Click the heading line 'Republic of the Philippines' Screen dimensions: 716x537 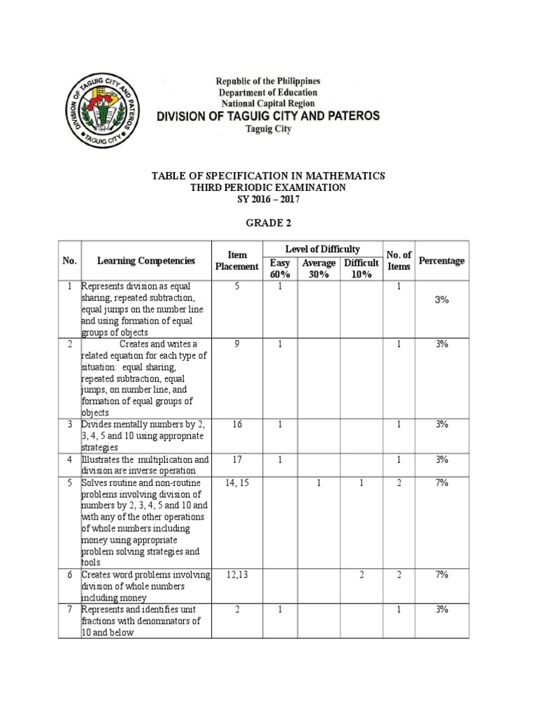pyautogui.click(x=268, y=81)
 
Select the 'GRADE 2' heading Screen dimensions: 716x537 pyautogui.click(x=269, y=224)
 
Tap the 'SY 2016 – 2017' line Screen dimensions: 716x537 pyautogui.click(x=268, y=200)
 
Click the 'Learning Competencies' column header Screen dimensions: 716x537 pyautogui.click(x=146, y=261)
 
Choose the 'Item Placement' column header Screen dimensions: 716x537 pyautogui.click(x=236, y=261)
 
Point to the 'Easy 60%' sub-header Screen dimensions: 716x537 pyautogui.click(x=280, y=268)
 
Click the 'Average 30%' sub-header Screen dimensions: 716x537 pyautogui.click(x=320, y=268)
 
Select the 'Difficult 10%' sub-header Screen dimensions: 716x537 pyautogui.click(x=361, y=268)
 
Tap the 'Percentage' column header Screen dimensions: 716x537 pyautogui.click(x=441, y=261)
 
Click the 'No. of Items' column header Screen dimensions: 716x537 pyautogui.click(x=399, y=261)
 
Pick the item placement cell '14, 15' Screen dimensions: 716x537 pyautogui.click(x=236, y=482)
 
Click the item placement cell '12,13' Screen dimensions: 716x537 pyautogui.click(x=236, y=575)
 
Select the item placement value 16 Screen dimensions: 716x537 pyautogui.click(x=236, y=424)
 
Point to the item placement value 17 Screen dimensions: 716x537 pyautogui.click(x=236, y=459)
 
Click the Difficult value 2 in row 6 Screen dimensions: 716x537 pyautogui.click(x=361, y=575)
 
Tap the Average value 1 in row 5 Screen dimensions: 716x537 pyautogui.click(x=320, y=482)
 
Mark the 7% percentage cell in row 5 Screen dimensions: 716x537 pyautogui.click(x=441, y=482)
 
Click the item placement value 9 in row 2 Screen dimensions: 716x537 pyautogui.click(x=236, y=343)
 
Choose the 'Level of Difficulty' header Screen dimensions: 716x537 pyautogui.click(x=322, y=249)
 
